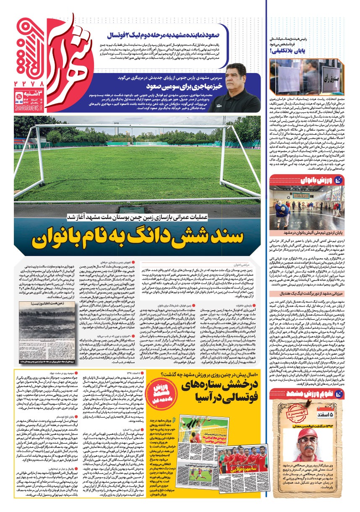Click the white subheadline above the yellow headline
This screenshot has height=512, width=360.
156,217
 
